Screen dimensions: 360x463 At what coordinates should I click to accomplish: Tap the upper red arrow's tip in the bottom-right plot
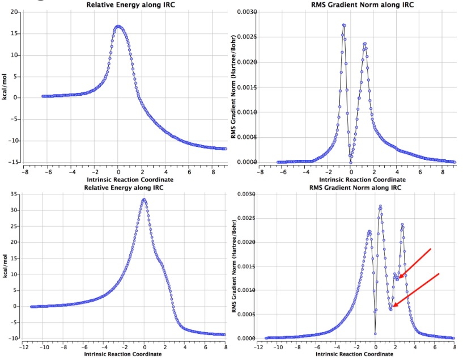398,278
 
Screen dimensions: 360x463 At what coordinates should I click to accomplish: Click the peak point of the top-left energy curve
118,26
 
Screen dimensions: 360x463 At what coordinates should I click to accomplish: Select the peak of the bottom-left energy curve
145,200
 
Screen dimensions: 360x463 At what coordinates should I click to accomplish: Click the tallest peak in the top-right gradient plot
344,26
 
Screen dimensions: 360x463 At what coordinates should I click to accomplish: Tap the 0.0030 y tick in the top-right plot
247,12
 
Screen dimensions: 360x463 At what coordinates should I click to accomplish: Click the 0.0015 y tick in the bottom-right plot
247,266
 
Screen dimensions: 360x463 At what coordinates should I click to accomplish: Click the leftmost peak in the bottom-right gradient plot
369,231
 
